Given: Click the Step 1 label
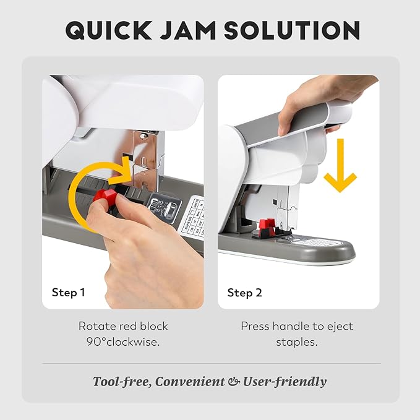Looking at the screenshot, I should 69,293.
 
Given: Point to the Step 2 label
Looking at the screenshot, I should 244,293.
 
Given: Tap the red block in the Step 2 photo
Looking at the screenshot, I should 267,226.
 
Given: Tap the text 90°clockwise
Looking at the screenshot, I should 123,341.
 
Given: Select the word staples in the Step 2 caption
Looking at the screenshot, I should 298,341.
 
